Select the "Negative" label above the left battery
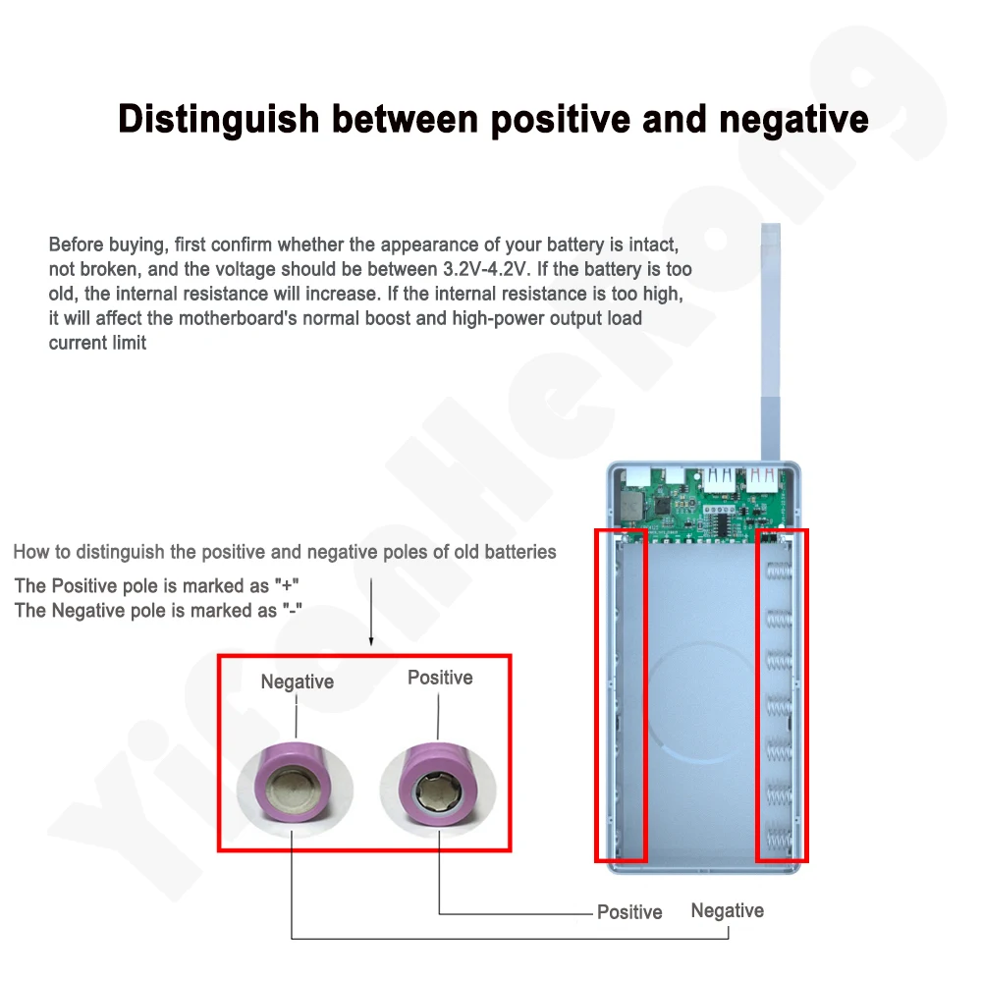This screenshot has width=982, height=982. point(297,682)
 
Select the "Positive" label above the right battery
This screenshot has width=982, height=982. point(440,678)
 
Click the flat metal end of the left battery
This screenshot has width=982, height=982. point(294,788)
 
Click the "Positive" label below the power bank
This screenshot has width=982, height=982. point(629,912)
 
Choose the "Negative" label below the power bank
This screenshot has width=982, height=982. point(727,910)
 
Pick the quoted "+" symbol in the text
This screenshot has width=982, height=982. point(288,585)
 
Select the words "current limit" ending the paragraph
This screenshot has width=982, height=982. point(98,343)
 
